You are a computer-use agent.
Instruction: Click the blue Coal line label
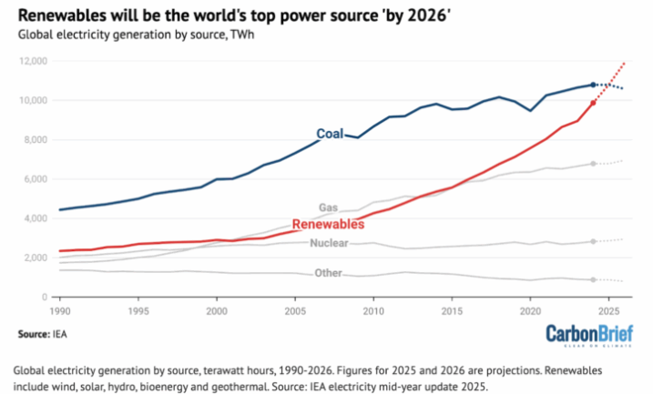[330, 134]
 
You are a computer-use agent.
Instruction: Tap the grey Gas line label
[328, 207]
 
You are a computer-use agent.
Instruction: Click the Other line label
[328, 272]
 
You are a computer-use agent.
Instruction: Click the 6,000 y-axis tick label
[36, 178]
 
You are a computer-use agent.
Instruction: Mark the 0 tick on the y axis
[44, 297]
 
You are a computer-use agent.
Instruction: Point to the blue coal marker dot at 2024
[594, 85]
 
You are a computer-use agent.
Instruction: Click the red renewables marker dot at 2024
[594, 103]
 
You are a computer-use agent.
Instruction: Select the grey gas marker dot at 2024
[594, 164]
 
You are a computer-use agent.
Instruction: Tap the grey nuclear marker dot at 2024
[594, 242]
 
